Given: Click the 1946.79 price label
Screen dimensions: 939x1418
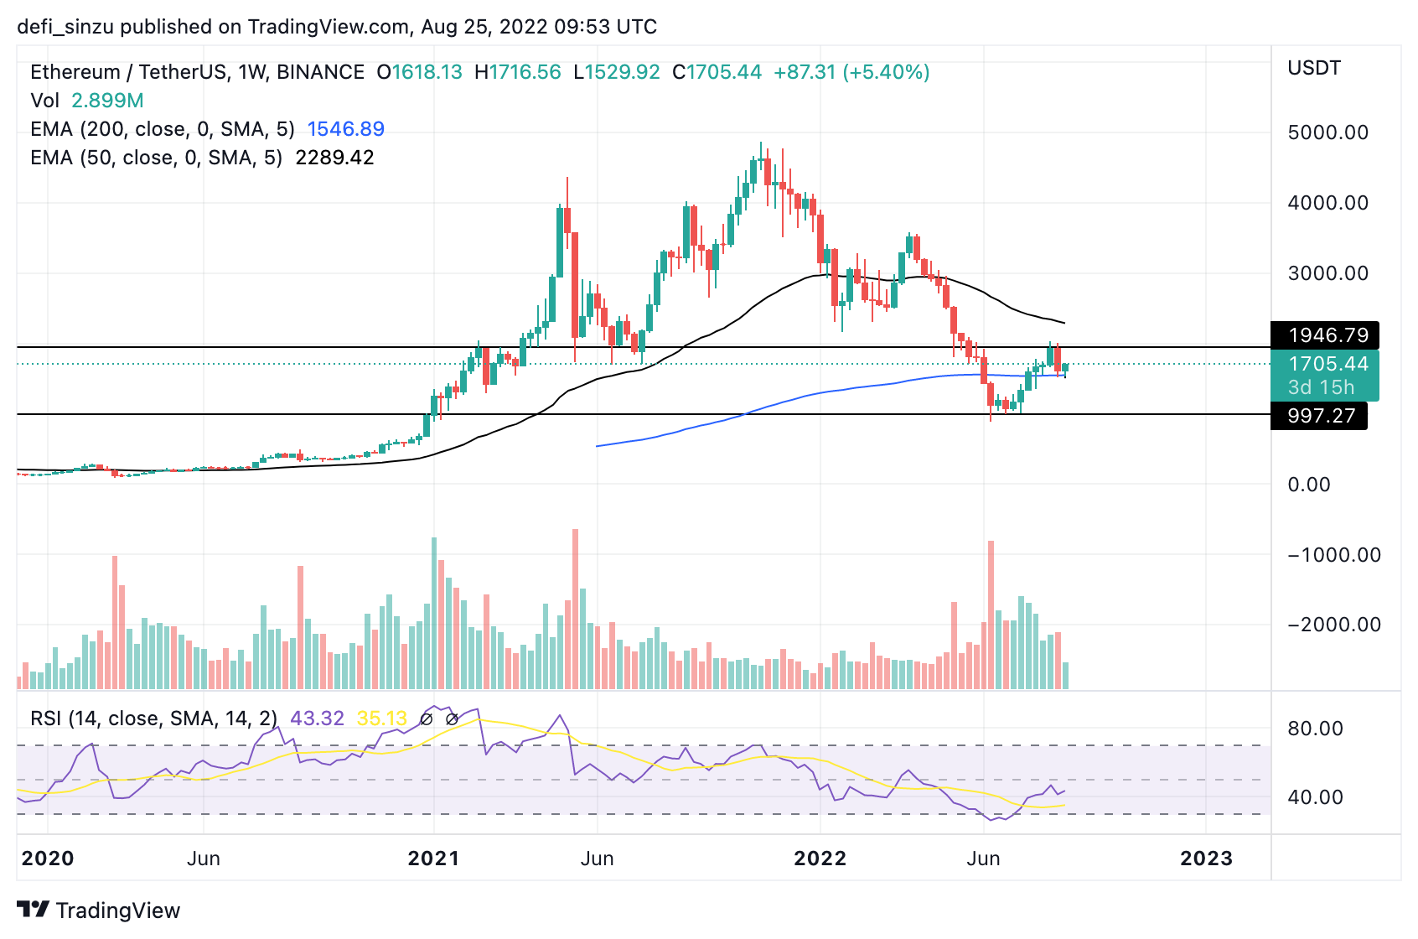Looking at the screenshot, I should (1327, 335).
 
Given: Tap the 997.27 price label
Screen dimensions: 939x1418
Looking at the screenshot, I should (1321, 416).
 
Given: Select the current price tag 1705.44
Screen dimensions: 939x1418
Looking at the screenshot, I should (1327, 364).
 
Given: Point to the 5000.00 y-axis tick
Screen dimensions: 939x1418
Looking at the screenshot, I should (1327, 132).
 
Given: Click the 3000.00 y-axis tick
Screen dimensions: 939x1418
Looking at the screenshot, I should (1327, 273).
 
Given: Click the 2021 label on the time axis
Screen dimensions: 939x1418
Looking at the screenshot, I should (433, 859).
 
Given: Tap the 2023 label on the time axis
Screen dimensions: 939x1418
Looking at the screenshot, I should (1206, 859).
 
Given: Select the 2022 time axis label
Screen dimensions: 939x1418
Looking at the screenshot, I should (820, 859).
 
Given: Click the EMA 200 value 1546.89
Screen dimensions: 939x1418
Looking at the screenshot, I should (345, 129).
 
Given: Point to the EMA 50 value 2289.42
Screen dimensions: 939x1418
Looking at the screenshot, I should (334, 158).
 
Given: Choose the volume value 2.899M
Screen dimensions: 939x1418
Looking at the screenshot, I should (107, 101).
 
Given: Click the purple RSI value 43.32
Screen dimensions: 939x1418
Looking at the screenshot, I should (317, 719).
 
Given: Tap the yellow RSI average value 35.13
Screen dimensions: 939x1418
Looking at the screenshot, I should (381, 719).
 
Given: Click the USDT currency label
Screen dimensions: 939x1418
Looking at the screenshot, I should (1313, 68).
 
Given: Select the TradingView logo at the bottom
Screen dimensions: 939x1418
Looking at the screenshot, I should (99, 910).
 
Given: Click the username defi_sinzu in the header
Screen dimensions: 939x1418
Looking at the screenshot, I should (65, 27).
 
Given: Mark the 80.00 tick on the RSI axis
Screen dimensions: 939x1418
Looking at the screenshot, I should (1315, 729).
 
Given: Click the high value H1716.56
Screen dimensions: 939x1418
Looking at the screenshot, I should (518, 72).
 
